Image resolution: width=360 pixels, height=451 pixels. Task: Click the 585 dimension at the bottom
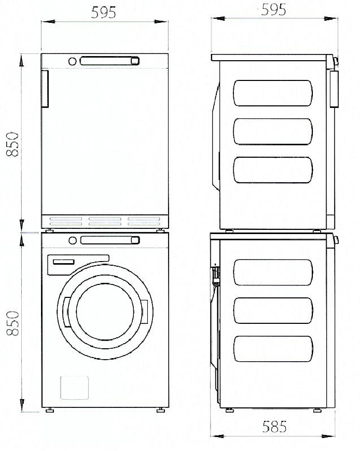pos(274,428)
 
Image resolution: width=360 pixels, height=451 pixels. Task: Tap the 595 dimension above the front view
pos(104,13)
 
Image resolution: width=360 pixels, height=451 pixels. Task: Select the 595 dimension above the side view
pos(273,10)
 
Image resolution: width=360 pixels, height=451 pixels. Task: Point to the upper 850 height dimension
pos(13,144)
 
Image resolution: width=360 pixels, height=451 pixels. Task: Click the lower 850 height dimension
pos(13,323)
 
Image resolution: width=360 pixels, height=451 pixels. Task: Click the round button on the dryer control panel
pos(73,61)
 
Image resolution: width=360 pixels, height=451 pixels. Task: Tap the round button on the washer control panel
pos(73,240)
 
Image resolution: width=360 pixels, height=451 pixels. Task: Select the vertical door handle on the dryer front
pos(45,89)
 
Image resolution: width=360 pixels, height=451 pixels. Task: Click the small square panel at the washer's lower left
pos(74,387)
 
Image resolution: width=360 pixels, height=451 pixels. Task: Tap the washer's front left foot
pos(50,410)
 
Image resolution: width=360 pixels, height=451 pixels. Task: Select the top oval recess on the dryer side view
pos(273,93)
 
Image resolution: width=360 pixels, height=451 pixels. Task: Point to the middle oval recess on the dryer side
pos(273,131)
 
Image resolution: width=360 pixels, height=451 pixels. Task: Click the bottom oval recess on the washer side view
pos(273,349)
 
